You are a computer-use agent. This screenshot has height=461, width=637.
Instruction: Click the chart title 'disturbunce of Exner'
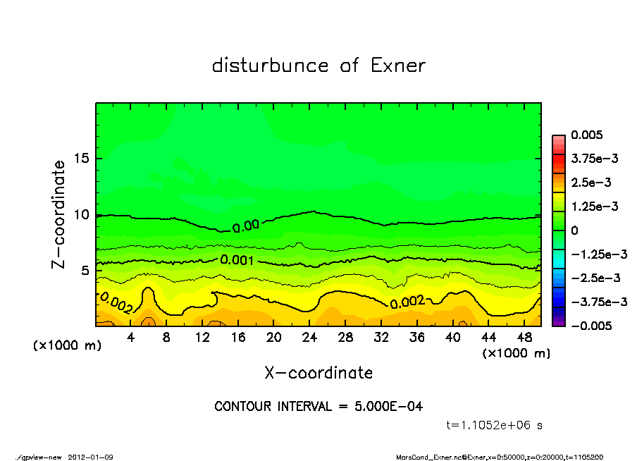(318, 66)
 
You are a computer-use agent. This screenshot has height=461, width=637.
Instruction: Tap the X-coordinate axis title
(318, 372)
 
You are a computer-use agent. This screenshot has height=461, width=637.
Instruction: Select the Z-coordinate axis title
(59, 214)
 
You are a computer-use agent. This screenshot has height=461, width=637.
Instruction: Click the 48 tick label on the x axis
(524, 338)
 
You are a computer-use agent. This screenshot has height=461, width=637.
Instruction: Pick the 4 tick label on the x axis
(131, 338)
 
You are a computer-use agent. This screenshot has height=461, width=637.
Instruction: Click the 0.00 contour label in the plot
(246, 226)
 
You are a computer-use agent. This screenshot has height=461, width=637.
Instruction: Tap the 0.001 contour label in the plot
(236, 260)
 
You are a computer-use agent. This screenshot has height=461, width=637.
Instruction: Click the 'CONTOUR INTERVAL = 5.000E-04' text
(318, 407)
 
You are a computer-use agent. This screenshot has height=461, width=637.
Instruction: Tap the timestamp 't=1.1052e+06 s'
(495, 425)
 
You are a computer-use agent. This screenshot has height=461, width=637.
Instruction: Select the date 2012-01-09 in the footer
(91, 457)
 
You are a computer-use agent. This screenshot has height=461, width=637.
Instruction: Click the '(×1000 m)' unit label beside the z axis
(64, 346)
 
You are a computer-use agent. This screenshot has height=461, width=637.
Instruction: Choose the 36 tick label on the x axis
(417, 338)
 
